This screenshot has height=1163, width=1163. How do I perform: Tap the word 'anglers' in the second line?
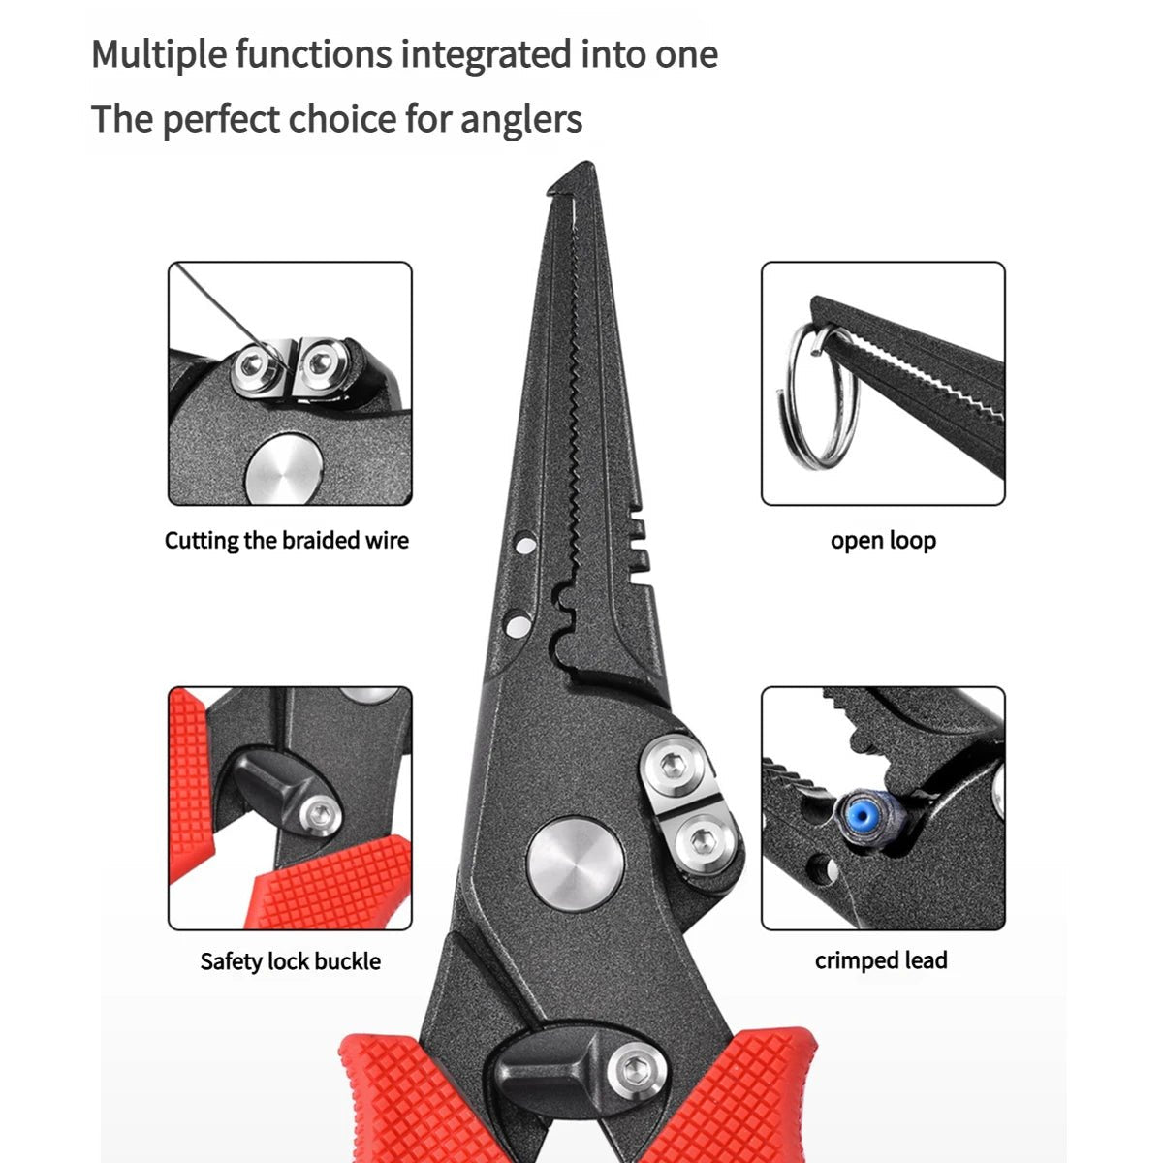click(x=520, y=120)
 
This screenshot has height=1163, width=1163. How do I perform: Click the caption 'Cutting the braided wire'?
click(x=287, y=541)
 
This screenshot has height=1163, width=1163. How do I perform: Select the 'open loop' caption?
click(x=883, y=541)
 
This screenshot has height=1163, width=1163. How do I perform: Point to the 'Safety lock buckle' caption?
click(x=290, y=961)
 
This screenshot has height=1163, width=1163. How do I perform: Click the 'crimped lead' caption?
click(x=881, y=960)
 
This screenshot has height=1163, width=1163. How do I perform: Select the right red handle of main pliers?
click(x=746, y=1095)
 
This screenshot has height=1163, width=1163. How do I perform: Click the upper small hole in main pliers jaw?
click(x=524, y=546)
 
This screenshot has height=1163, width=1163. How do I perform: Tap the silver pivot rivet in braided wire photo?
click(x=281, y=473)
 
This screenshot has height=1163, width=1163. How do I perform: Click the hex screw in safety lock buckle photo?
click(x=316, y=814)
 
